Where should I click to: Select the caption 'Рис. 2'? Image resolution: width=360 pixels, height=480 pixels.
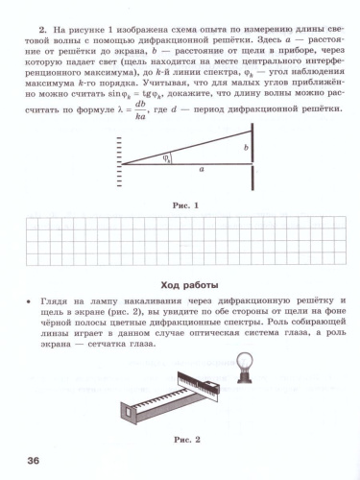point(183,439)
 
